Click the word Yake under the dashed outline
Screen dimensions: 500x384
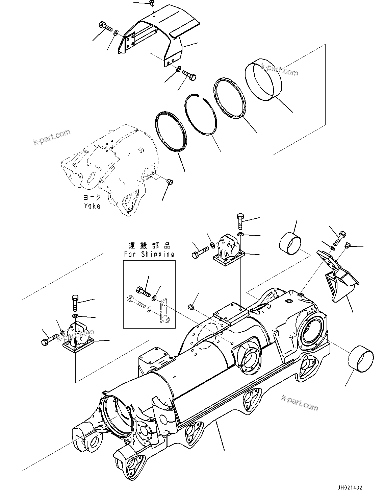pos(92,206)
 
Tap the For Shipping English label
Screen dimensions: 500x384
pos(149,254)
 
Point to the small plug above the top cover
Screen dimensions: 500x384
pos(152,4)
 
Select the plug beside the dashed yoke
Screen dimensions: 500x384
pos(170,182)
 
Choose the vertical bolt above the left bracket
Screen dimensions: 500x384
pos(75,303)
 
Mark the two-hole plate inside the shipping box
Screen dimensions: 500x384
pos(164,312)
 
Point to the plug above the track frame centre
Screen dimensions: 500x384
pos(190,307)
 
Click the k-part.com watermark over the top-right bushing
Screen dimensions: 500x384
pos(279,70)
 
